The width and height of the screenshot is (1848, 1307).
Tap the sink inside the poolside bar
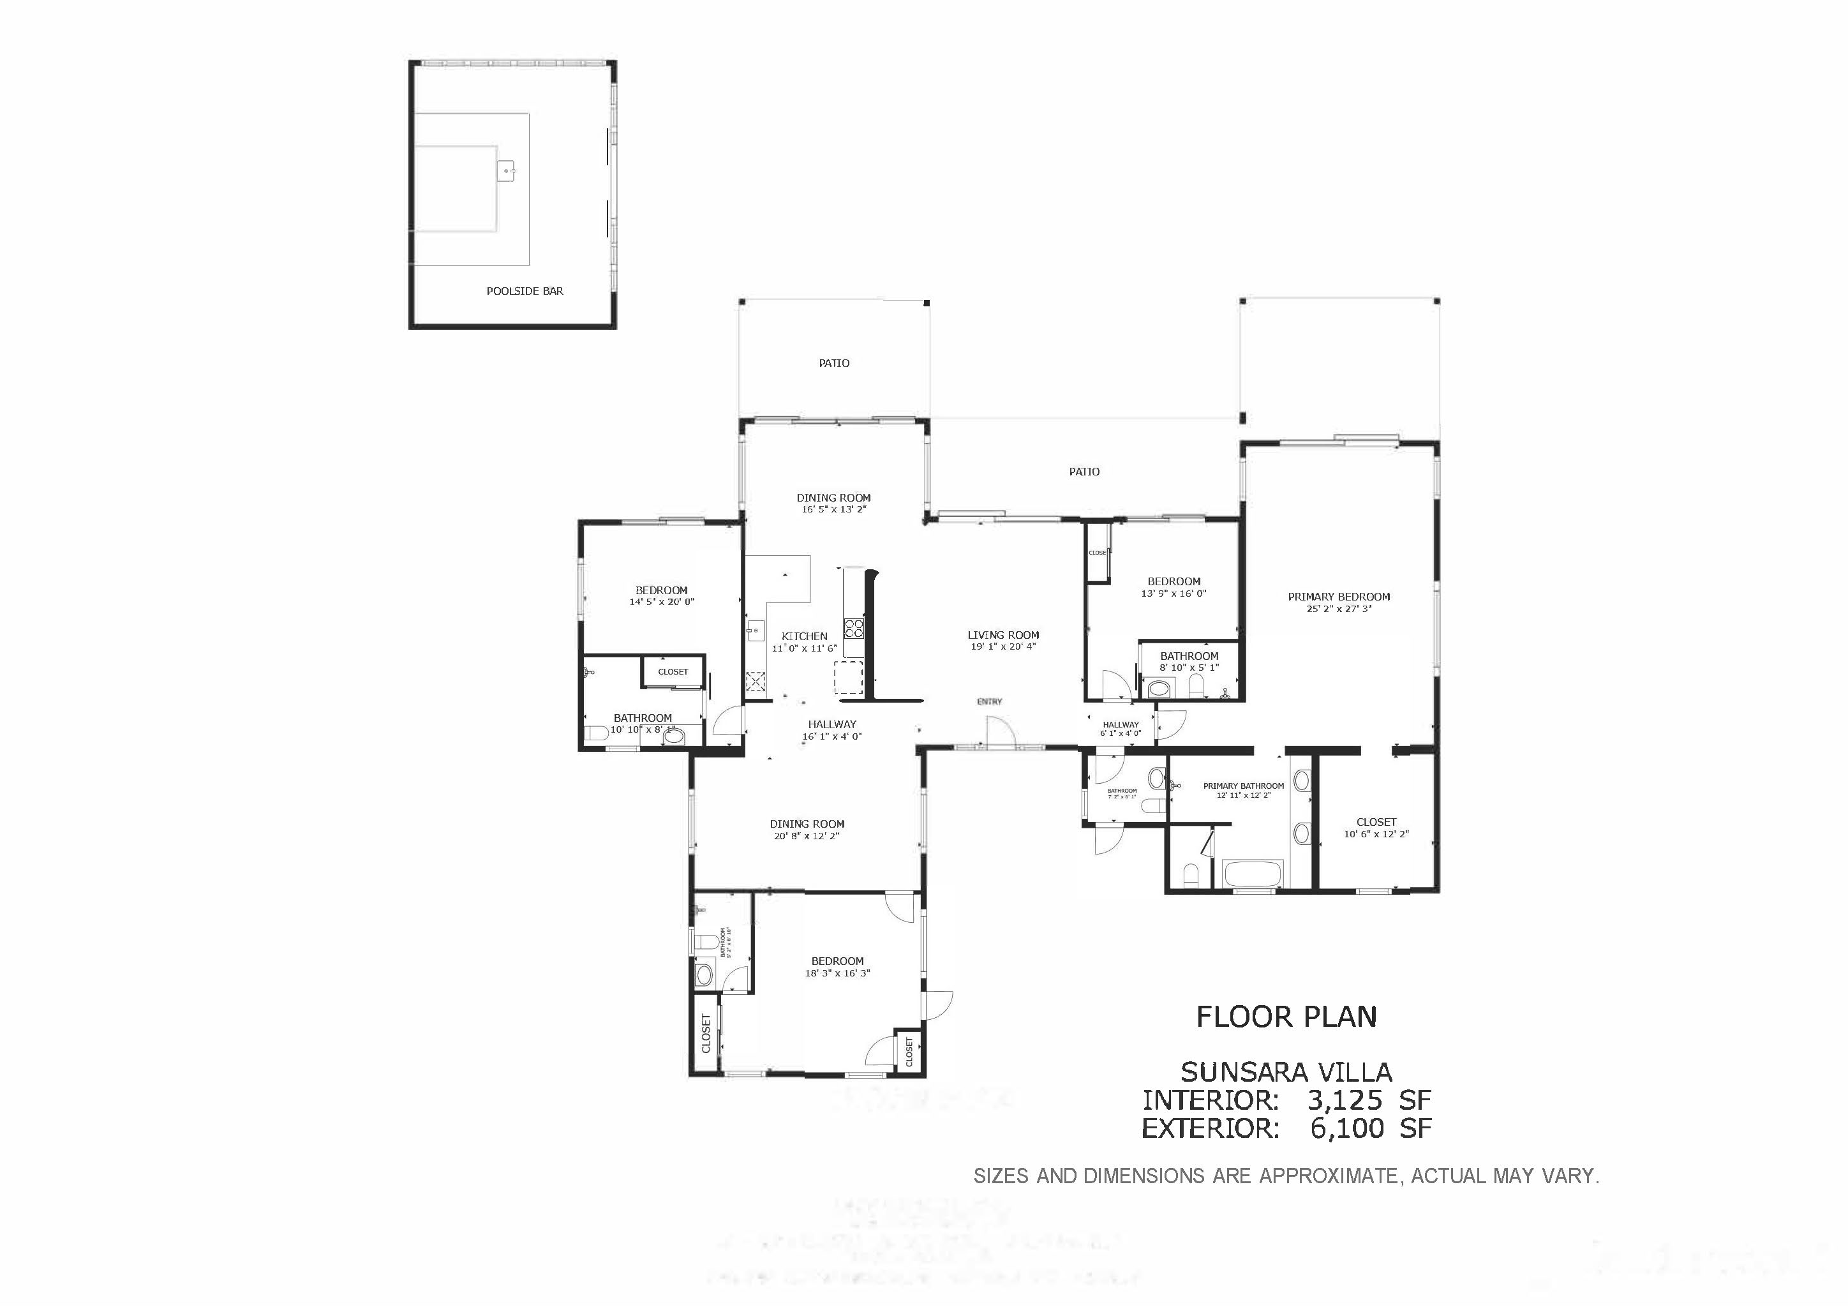tap(506, 170)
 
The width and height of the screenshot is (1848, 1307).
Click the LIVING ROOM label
tap(1003, 635)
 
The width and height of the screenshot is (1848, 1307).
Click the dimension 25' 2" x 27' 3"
tap(1339, 609)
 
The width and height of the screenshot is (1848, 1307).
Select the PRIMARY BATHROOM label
tap(1244, 786)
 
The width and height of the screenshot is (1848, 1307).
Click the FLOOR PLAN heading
tap(1286, 1017)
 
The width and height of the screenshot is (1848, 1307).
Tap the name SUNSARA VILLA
tap(1286, 1072)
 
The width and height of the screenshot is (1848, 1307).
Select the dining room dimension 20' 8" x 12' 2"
tap(807, 836)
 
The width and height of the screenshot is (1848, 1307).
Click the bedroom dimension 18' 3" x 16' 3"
tap(837, 973)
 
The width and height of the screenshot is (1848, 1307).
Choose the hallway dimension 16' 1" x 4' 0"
tap(832, 736)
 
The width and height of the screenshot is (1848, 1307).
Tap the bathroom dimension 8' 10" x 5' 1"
tap(1189, 667)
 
